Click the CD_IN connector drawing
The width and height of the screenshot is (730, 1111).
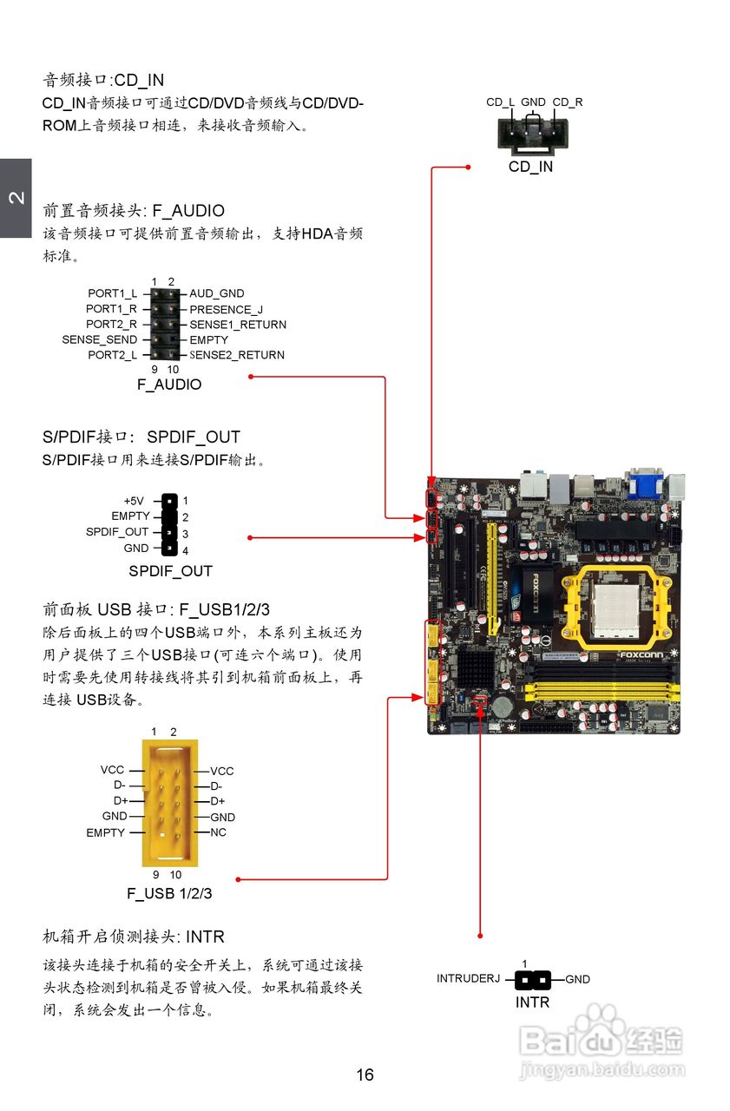tap(530, 135)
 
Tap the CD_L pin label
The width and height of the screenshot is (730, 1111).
tap(500, 102)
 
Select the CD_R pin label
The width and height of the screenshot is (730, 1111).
tap(568, 102)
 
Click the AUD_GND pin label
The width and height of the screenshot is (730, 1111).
tap(217, 293)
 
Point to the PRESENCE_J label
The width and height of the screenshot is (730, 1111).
tap(226, 309)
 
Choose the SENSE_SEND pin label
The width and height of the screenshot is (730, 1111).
tap(99, 339)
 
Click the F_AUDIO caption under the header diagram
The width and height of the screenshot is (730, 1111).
tap(169, 385)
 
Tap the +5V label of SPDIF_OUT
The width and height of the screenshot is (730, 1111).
tap(134, 501)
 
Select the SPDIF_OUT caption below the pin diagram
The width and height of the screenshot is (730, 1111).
tap(170, 571)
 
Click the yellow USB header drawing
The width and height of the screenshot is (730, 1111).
tap(170, 802)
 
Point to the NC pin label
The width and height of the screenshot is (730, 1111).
tap(218, 832)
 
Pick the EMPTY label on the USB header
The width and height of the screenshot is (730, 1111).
tap(105, 832)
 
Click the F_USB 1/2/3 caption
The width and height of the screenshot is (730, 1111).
tap(169, 892)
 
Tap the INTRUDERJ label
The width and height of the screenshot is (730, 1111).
tap(469, 979)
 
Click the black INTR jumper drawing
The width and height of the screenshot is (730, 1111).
tap(533, 980)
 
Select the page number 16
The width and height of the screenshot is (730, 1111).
tap(365, 1075)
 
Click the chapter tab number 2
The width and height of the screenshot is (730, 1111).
tap(16, 198)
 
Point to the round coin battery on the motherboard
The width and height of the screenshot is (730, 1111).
tap(503, 706)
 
